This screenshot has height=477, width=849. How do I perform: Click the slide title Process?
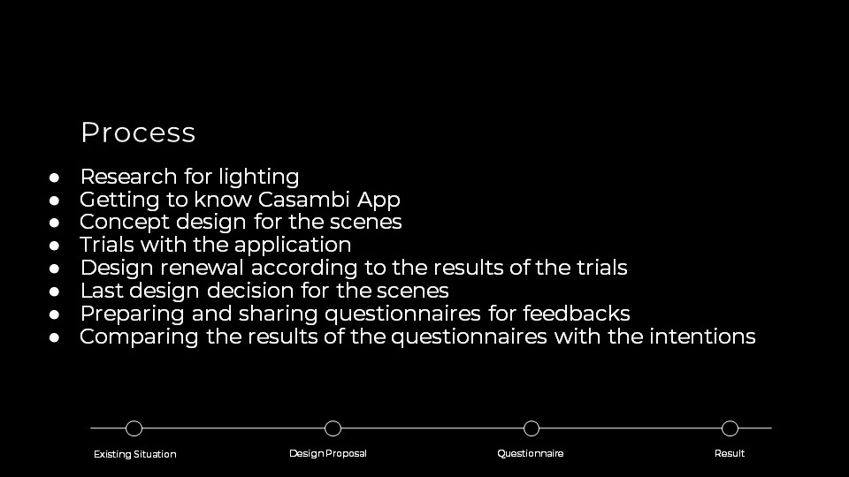(138, 132)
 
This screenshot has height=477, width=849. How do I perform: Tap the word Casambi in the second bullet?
(303, 199)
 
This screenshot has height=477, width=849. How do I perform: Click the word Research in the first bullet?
(128, 177)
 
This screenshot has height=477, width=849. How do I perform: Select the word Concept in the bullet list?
(125, 223)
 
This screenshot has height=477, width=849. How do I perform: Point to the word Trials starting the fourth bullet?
(107, 245)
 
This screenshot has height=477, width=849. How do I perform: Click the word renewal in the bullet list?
(202, 268)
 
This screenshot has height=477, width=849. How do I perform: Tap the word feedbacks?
(576, 314)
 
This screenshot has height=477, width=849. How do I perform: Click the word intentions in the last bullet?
(702, 337)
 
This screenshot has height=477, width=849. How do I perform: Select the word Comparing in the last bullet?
(139, 337)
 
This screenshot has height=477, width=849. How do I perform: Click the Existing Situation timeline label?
(134, 454)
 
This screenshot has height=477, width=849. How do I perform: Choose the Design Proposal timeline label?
(327, 454)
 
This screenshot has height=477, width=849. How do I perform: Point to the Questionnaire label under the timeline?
(530, 453)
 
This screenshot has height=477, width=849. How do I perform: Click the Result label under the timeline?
(730, 453)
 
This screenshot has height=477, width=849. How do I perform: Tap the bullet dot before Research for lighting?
(54, 178)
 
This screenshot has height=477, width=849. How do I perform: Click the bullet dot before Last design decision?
(54, 291)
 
